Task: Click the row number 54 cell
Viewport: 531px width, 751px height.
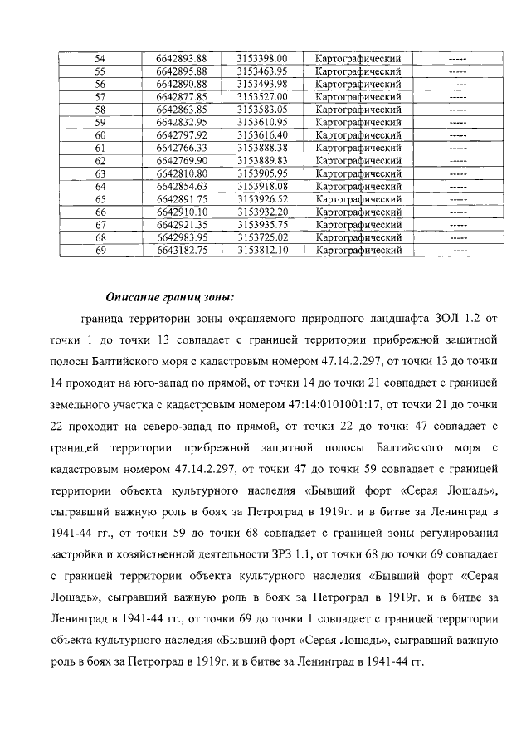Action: point(100,58)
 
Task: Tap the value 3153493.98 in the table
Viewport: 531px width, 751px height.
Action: point(261,84)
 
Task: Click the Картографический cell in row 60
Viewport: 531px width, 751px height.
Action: point(358,134)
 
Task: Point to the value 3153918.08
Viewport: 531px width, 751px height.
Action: point(261,186)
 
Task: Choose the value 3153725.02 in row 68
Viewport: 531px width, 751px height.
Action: point(261,237)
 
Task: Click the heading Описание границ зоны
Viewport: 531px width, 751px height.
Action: point(170,297)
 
